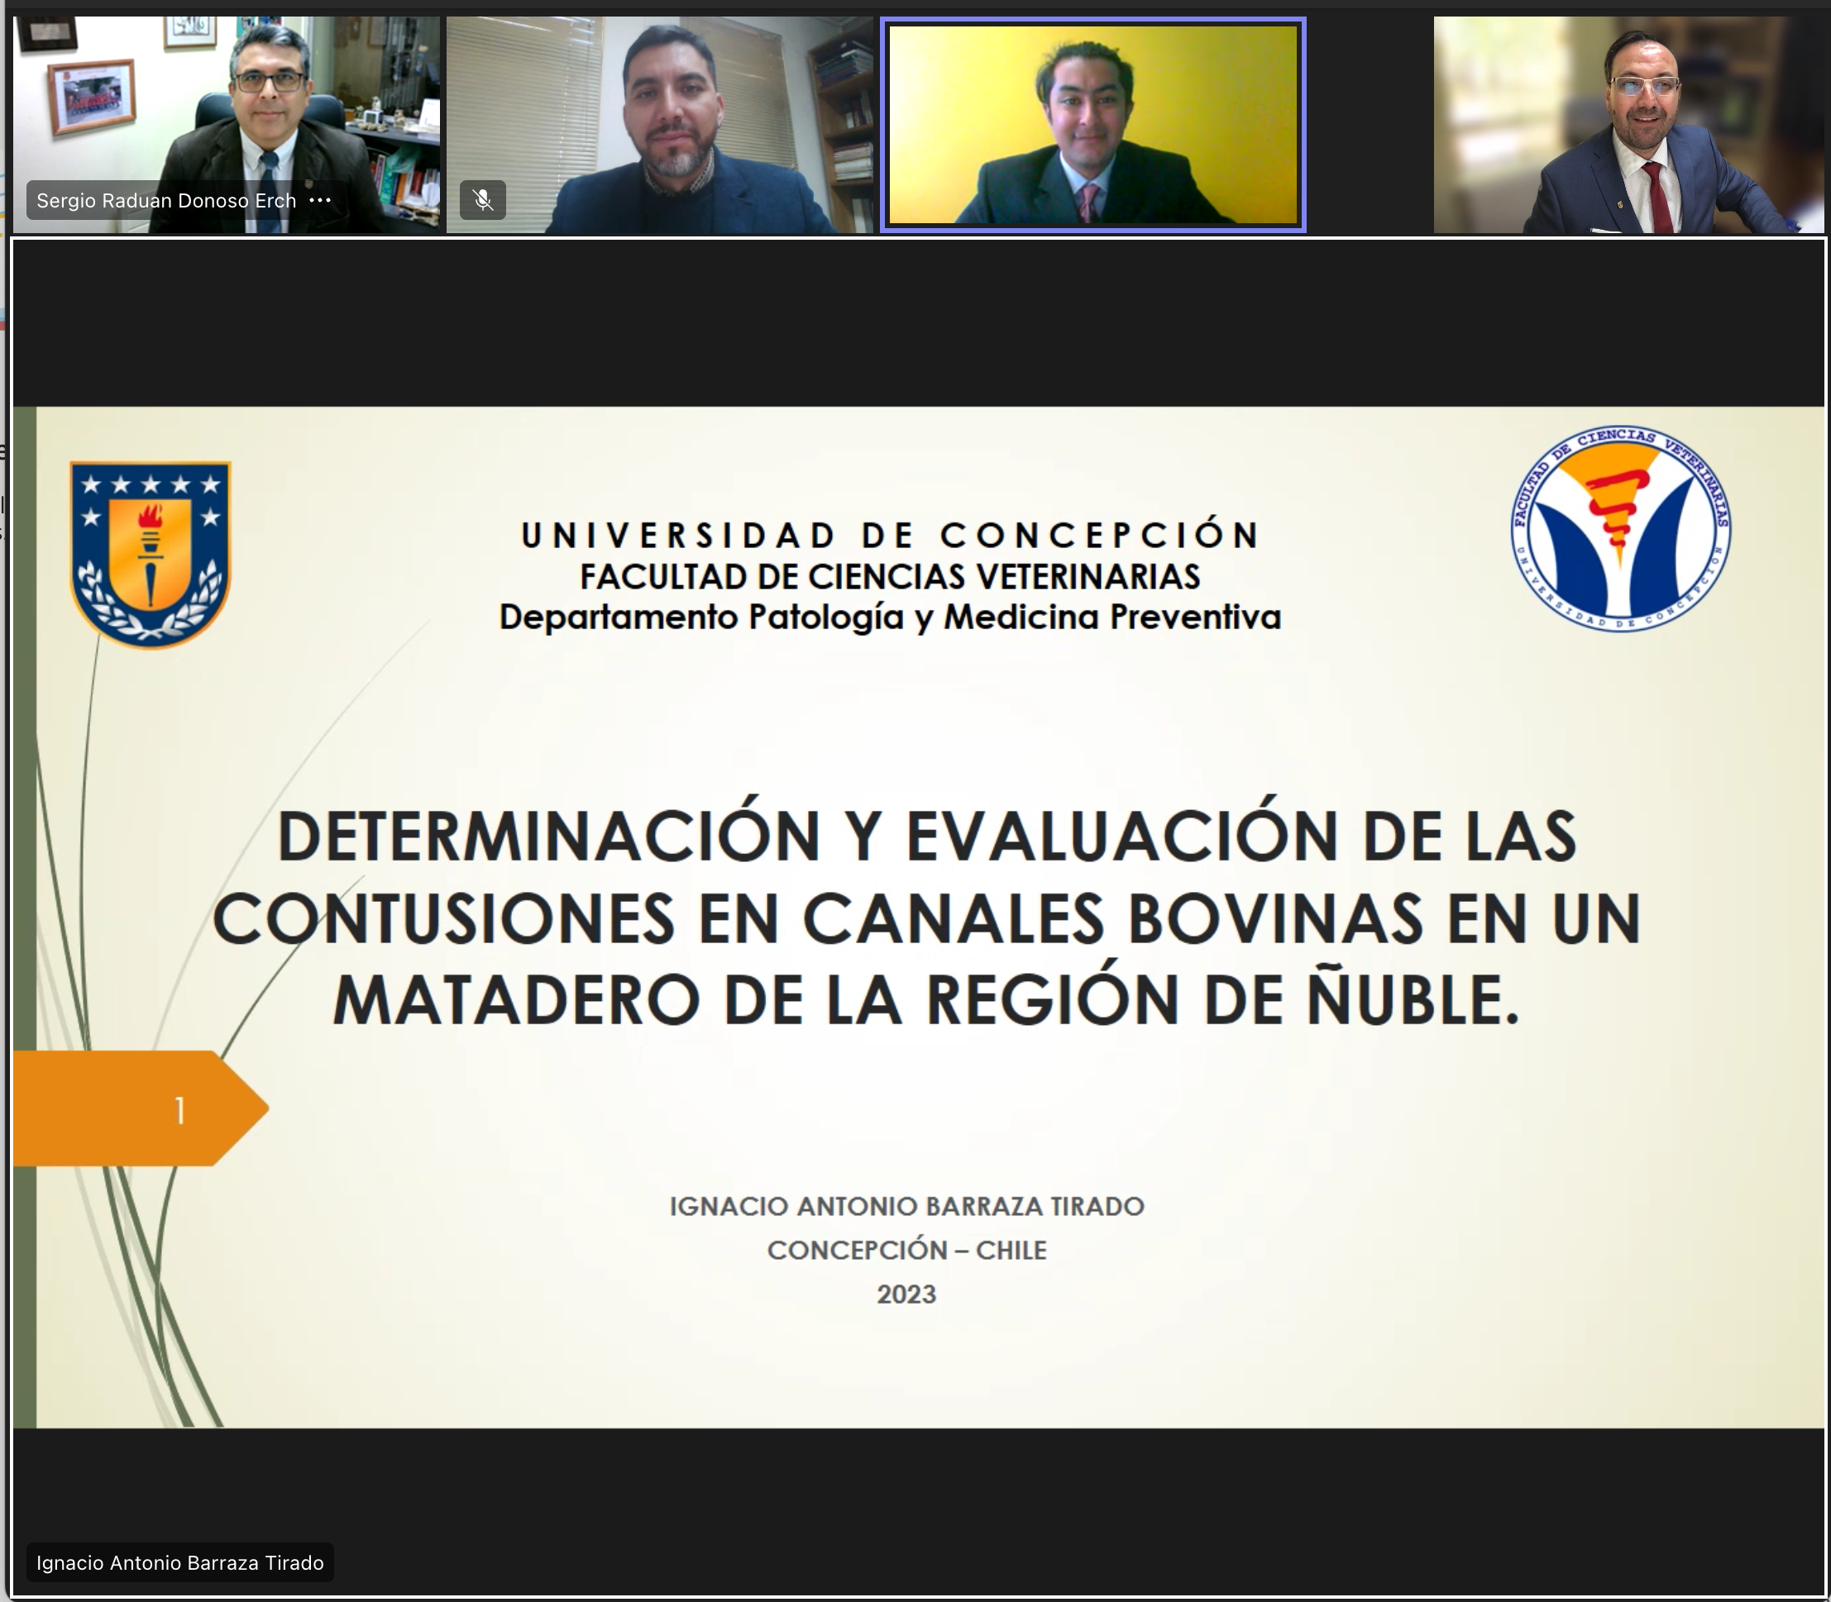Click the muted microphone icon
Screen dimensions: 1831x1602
pos(483,199)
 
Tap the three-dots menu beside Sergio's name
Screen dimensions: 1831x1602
pos(320,200)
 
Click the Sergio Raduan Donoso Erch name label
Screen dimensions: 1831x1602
pos(166,200)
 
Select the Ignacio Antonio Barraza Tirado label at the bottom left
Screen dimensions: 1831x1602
pos(179,1562)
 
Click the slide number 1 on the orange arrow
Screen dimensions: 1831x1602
pos(179,1110)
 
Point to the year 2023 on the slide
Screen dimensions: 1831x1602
pos(906,1294)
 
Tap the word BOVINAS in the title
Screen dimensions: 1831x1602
pos(1274,918)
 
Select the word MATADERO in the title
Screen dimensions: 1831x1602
pos(516,1000)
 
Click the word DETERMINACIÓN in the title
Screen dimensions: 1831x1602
pos(548,834)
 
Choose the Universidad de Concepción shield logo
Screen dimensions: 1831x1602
pos(151,555)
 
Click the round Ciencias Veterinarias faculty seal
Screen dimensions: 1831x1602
pos(1621,527)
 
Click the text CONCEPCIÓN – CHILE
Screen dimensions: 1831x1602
pos(906,1249)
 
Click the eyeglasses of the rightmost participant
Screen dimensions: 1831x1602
pos(1644,86)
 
